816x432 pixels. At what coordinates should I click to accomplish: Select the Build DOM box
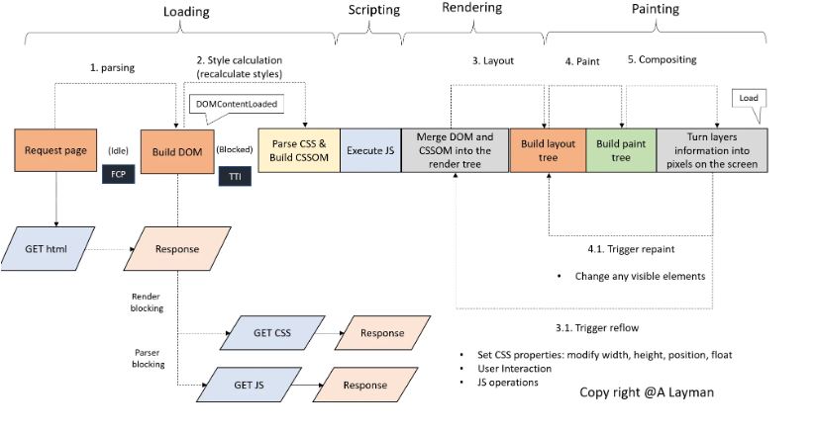click(177, 150)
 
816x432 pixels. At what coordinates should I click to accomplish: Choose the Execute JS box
click(369, 150)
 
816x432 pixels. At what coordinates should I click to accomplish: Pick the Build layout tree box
click(547, 150)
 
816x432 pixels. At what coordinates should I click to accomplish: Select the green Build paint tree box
click(621, 150)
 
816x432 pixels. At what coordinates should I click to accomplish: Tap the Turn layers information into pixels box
click(711, 150)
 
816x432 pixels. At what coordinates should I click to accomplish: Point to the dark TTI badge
click(236, 178)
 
